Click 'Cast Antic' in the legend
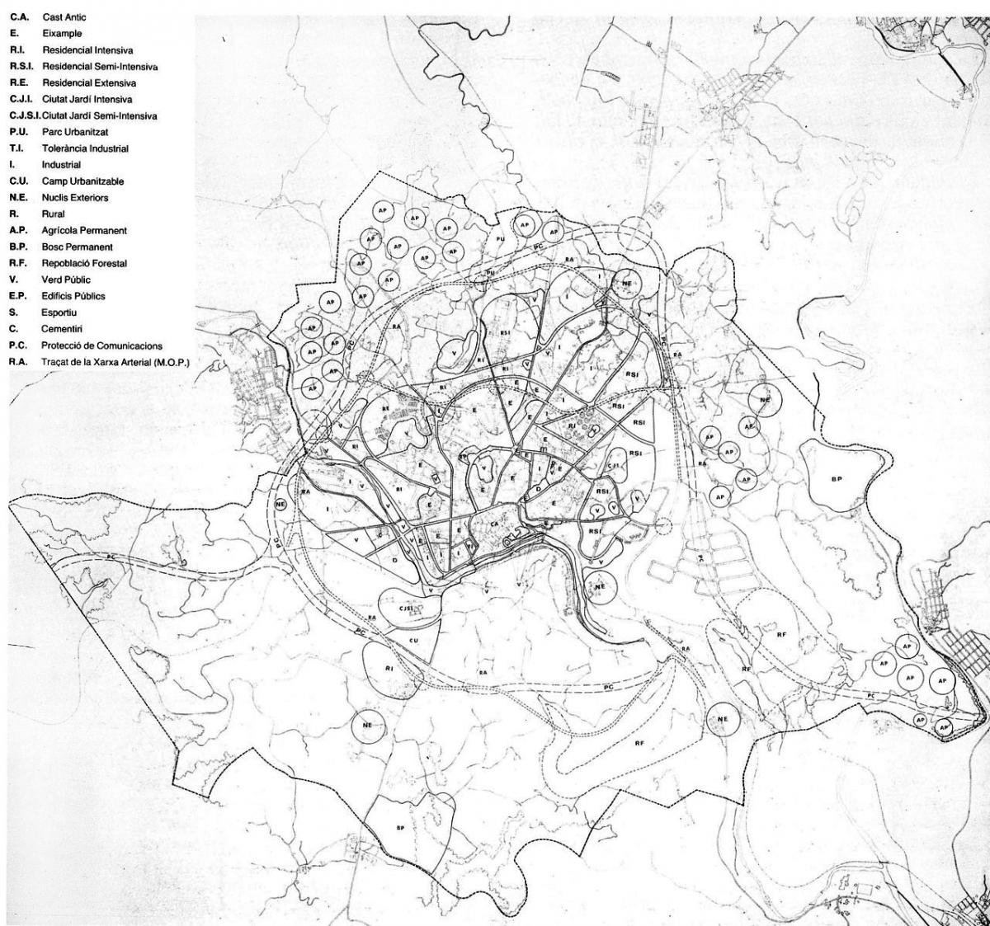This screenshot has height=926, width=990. click(64, 16)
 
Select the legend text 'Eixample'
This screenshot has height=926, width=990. click(62, 34)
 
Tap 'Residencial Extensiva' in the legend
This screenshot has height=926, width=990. click(89, 82)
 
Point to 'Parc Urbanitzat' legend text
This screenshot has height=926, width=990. click(75, 132)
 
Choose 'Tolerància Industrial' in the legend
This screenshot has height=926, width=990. click(85, 148)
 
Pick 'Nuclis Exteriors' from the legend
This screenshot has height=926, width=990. click(75, 198)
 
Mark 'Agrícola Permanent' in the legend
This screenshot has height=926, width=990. click(84, 231)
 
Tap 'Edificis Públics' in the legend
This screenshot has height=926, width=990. click(73, 295)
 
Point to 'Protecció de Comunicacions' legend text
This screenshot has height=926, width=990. click(101, 345)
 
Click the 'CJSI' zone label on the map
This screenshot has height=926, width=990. click(406, 609)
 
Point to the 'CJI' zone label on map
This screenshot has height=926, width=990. click(613, 467)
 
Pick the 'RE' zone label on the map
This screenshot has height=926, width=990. click(384, 408)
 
